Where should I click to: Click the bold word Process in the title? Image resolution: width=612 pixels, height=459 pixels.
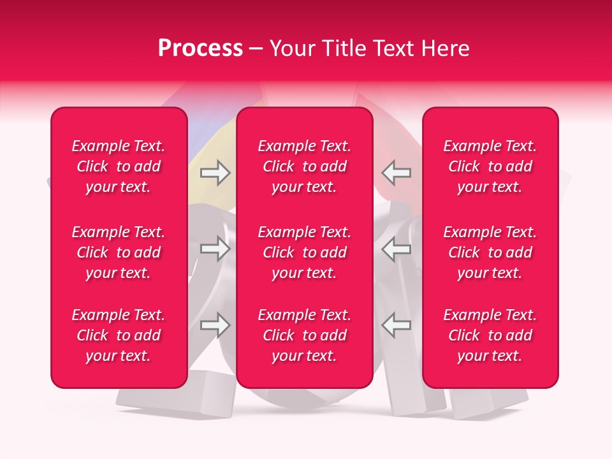click(x=200, y=48)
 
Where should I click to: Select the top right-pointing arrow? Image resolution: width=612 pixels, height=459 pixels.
click(x=215, y=173)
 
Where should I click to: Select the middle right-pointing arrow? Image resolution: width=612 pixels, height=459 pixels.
click(x=215, y=249)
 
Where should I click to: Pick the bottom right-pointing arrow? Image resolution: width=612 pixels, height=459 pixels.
click(x=215, y=325)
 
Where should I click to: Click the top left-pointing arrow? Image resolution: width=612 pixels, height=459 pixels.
click(x=397, y=173)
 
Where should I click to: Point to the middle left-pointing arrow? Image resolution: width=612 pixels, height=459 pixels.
click(x=397, y=249)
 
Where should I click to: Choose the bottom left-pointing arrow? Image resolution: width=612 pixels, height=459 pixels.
click(x=397, y=325)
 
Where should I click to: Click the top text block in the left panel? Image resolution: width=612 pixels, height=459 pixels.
click(x=119, y=166)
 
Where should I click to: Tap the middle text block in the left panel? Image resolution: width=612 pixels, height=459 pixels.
click(x=119, y=252)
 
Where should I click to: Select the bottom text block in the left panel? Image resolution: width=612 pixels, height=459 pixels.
click(x=119, y=335)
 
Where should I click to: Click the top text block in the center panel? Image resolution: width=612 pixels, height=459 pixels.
click(x=305, y=166)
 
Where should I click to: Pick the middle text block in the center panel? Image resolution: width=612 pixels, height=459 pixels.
click(x=305, y=252)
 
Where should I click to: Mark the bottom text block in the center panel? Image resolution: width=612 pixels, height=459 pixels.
click(x=305, y=335)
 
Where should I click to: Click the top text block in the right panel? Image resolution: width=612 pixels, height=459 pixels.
click(x=490, y=166)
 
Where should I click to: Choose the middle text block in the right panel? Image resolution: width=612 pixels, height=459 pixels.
click(x=490, y=252)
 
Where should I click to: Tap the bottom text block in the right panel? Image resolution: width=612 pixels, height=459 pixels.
click(x=490, y=335)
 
